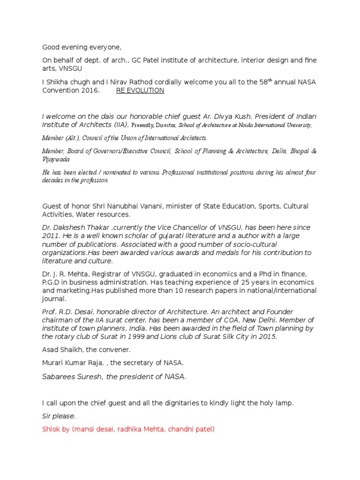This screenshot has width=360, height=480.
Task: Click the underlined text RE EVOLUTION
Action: tap(140, 90)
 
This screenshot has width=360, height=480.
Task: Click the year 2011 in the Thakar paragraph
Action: tap(51, 236)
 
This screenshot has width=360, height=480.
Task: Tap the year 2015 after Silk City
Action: tap(268, 337)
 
